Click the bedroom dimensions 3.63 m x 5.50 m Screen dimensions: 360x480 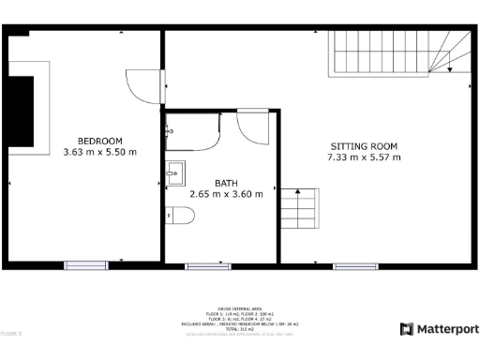click(x=99, y=151)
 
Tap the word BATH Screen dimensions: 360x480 click(x=226, y=184)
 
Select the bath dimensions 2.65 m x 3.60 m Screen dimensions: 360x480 click(x=226, y=195)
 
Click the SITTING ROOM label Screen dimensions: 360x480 click(x=364, y=146)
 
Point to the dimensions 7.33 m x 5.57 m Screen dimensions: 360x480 click(x=364, y=157)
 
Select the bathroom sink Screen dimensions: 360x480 click(x=174, y=172)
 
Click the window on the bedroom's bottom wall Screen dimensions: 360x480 click(x=86, y=266)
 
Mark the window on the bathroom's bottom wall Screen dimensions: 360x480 click(x=208, y=266)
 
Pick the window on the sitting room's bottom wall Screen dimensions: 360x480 click(x=355, y=266)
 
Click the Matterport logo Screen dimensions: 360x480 click(x=439, y=329)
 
